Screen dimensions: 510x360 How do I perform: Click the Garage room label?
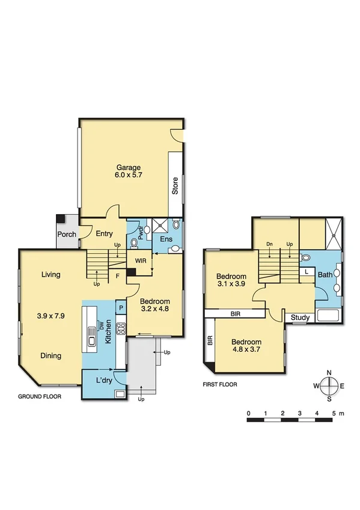pos(129,167)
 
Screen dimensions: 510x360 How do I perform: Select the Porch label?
pos(67,234)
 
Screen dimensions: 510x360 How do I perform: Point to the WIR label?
pos(141,262)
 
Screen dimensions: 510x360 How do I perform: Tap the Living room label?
pos(51,275)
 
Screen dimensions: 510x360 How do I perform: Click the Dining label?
pos(51,355)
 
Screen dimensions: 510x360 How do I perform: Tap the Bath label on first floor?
pos(325,275)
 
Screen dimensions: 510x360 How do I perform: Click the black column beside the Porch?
pos(61,219)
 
